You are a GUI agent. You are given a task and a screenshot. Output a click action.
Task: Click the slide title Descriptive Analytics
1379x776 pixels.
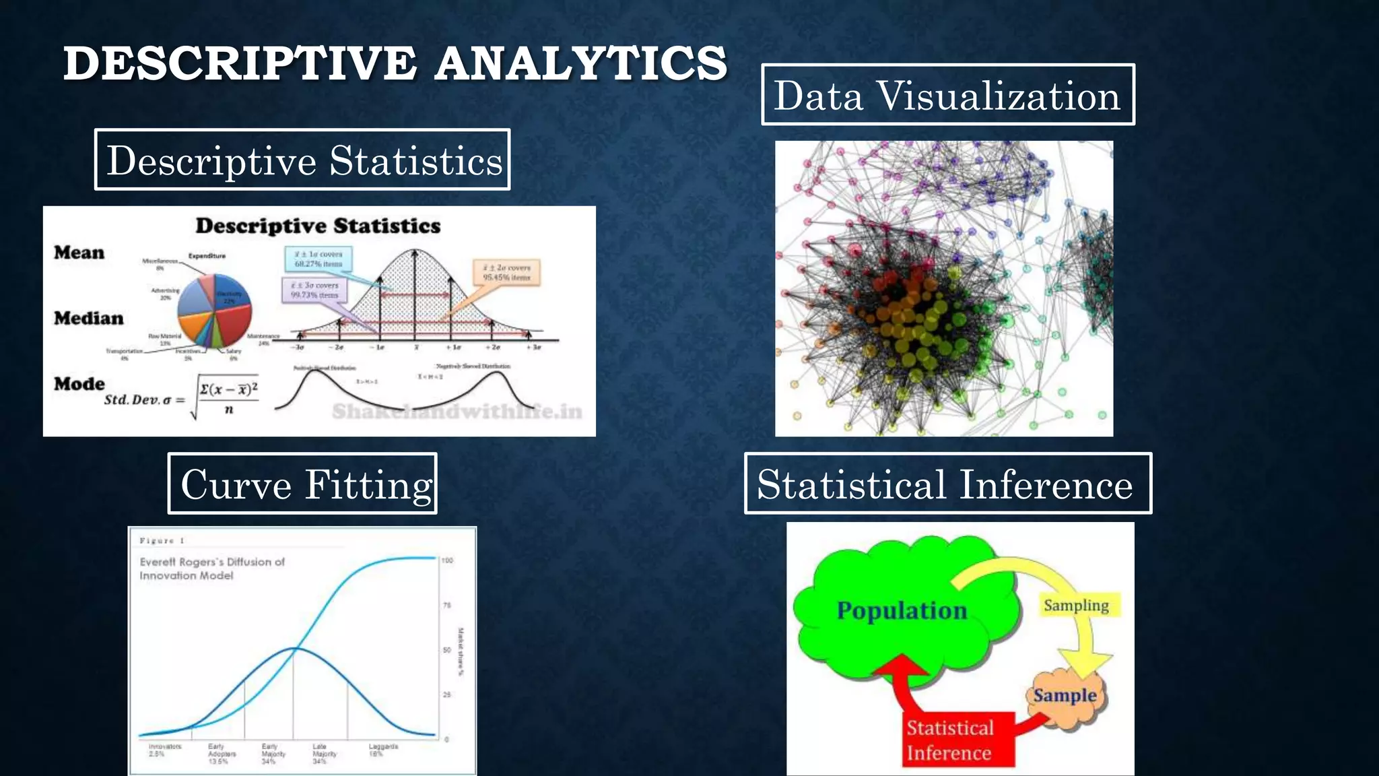(x=395, y=63)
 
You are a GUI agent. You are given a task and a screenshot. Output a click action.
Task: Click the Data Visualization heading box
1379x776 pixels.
(x=947, y=95)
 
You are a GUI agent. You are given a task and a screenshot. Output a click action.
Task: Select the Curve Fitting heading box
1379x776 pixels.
(x=302, y=484)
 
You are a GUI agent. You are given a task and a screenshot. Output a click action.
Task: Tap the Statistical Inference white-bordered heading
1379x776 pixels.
(x=947, y=484)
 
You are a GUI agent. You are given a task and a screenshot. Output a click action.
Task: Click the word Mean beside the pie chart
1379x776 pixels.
(x=79, y=253)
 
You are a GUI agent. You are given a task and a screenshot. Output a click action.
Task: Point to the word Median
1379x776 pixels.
(x=89, y=318)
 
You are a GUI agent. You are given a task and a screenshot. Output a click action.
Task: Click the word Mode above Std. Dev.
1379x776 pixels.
(x=79, y=383)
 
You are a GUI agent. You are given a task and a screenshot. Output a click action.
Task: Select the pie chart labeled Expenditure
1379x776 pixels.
(x=214, y=311)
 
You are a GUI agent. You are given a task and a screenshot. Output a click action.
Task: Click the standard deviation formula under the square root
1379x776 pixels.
(x=228, y=397)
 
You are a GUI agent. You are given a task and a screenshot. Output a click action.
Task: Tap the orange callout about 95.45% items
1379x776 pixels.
(x=506, y=272)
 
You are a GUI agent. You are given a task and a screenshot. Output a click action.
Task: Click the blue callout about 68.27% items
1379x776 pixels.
(x=318, y=259)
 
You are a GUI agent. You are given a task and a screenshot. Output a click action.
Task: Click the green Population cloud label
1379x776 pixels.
(x=901, y=610)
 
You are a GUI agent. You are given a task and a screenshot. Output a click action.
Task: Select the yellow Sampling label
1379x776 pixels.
(x=1076, y=605)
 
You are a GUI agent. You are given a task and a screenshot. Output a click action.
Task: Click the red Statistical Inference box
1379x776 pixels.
(x=949, y=740)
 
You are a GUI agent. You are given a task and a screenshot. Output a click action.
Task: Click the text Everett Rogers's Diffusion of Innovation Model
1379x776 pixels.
(x=211, y=568)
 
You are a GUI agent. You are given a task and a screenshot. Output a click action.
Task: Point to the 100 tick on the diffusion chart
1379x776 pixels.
(x=448, y=560)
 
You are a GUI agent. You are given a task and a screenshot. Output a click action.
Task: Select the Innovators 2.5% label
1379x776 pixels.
(x=164, y=750)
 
